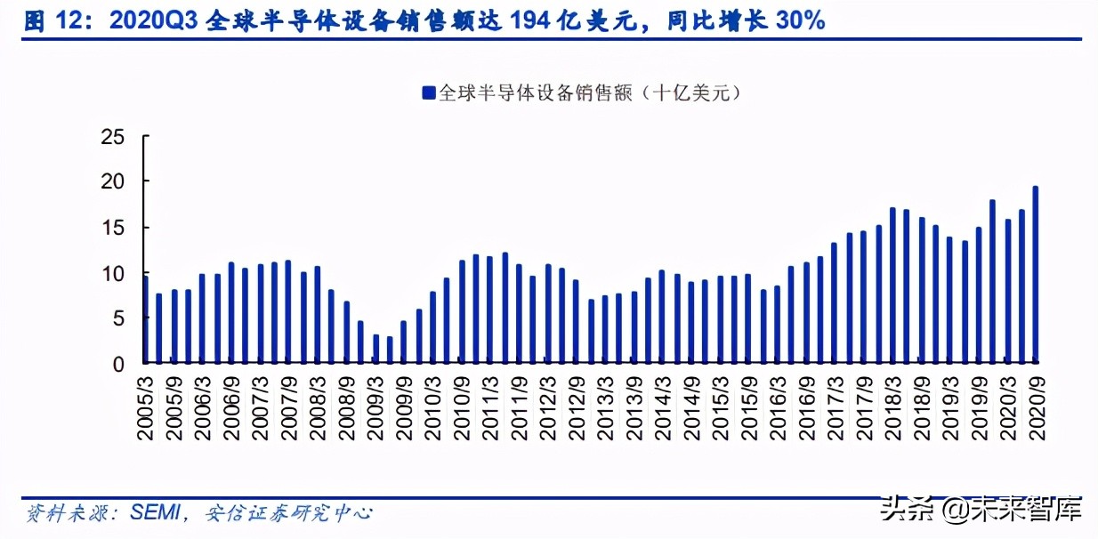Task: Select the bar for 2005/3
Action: [146, 320]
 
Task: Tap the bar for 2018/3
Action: [892, 286]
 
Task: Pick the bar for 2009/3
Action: [376, 349]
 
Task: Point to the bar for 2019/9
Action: [978, 294]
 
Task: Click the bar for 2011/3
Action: [490, 310]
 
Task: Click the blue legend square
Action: [428, 93]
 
